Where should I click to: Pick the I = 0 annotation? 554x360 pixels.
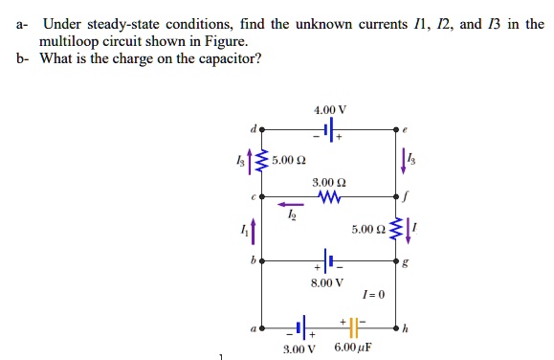tap(374, 295)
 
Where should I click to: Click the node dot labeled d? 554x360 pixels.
tap(263, 127)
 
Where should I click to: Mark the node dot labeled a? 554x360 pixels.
tap(263, 328)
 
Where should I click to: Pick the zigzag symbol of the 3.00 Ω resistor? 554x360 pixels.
tap(327, 195)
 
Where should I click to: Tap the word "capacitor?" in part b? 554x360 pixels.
tap(226, 58)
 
